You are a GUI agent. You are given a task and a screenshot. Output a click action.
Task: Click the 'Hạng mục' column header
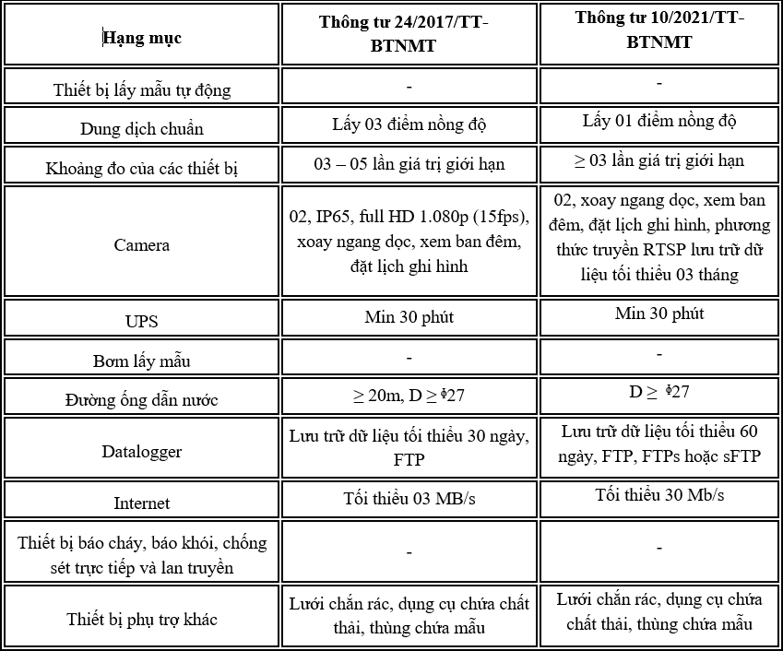[141, 39]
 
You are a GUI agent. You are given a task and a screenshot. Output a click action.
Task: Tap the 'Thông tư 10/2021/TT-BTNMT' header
[659, 30]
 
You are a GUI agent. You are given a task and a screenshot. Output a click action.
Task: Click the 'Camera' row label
[141, 245]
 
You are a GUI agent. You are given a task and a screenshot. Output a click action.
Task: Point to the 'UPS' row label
[141, 322]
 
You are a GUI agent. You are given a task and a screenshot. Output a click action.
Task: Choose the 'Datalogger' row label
[141, 452]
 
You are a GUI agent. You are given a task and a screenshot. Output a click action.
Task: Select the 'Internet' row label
[141, 503]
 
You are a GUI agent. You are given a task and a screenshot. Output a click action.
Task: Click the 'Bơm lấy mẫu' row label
[141, 361]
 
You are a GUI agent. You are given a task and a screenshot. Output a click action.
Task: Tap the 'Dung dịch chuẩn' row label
[141, 129]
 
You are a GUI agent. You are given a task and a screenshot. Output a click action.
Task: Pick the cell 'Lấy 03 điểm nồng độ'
[409, 124]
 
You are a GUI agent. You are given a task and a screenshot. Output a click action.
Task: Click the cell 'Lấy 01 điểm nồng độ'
[659, 121]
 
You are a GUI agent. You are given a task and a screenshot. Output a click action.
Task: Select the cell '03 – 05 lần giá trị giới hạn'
[409, 164]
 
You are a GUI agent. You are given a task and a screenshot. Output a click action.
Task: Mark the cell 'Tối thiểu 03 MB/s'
[409, 499]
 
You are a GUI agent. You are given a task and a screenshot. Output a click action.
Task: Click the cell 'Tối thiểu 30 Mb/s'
[659, 495]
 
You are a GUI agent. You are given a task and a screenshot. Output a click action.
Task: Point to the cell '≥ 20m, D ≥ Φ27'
[409, 396]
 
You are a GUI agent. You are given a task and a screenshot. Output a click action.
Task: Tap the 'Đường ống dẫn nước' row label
[141, 400]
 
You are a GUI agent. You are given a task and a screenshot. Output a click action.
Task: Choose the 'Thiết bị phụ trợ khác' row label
[141, 619]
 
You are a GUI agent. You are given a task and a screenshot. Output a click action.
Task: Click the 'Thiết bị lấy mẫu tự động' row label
[141, 90]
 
